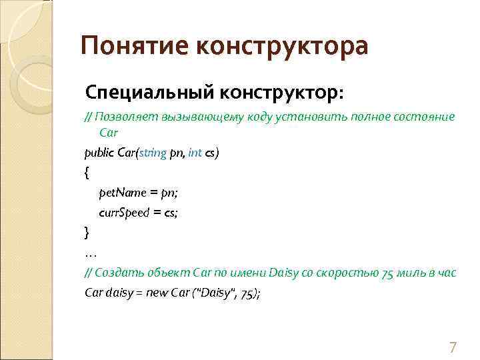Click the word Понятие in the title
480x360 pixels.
133,47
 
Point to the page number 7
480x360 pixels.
453,347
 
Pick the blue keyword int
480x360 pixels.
195,153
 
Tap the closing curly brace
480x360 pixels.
87,233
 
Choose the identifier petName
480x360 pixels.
122,193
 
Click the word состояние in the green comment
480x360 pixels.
427,117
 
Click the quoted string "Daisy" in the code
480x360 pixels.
215,293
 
